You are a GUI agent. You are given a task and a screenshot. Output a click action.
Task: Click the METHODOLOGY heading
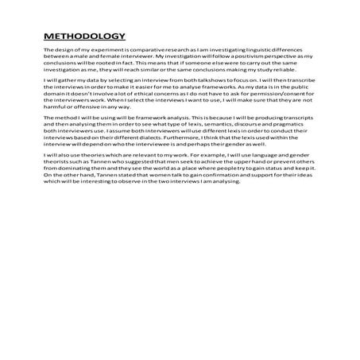click(x=84, y=36)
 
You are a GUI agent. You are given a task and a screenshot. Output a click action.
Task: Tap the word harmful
click(x=56, y=110)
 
